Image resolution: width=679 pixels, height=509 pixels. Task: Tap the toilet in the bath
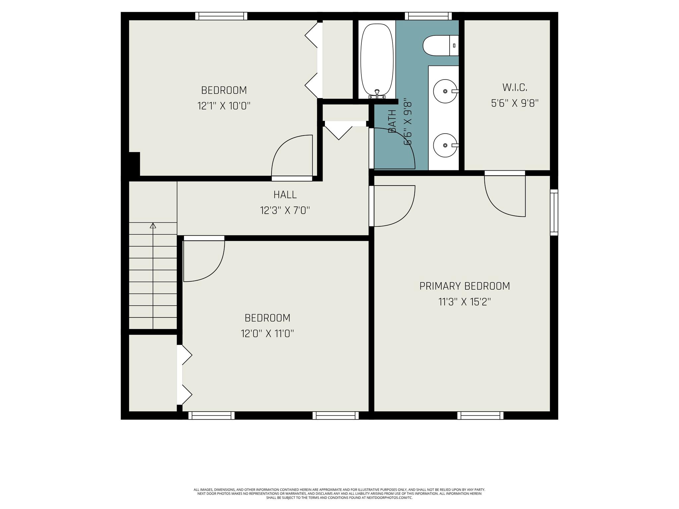(441, 45)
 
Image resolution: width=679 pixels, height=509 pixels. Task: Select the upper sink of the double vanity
(445, 91)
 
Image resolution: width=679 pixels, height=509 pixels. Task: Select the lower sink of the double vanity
(445, 145)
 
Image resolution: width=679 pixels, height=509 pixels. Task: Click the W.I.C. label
(515, 87)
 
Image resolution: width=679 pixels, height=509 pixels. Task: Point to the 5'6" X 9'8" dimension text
(515, 103)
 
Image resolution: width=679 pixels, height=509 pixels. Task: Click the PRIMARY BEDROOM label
(464, 286)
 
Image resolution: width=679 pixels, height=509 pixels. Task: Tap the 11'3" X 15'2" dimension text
(464, 302)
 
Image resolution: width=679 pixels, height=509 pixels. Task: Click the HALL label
(285, 195)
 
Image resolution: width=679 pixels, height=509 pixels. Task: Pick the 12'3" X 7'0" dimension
(285, 210)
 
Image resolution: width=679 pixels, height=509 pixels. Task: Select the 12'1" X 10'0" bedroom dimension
(224, 106)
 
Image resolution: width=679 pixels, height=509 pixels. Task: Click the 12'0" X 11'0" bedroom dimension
(267, 333)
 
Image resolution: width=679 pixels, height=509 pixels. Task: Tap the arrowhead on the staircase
(153, 225)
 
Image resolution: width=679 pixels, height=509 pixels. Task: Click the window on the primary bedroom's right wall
(554, 212)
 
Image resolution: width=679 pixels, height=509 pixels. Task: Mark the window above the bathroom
(428, 16)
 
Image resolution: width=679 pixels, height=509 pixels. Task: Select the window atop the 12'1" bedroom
(221, 16)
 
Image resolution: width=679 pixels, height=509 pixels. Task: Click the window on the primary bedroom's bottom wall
(480, 415)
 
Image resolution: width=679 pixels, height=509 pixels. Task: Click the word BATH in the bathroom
(392, 121)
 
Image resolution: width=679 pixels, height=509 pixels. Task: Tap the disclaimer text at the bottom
(339, 493)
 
